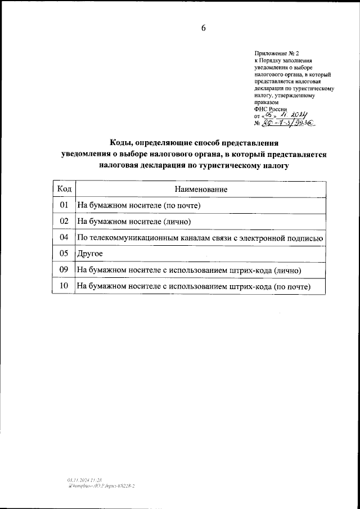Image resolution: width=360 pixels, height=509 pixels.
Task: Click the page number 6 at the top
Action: [x=203, y=29]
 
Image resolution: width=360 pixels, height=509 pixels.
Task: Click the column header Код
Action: [x=64, y=190]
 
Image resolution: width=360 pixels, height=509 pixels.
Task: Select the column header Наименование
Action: [x=201, y=190]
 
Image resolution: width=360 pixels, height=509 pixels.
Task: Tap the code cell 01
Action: [x=64, y=205]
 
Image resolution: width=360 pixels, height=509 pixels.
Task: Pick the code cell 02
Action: [x=64, y=222]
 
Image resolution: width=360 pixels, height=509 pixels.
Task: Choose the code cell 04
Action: [x=64, y=238]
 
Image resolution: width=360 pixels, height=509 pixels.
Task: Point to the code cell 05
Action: [x=64, y=254]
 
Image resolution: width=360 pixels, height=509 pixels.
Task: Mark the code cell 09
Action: [x=64, y=271]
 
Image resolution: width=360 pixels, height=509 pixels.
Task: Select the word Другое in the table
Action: [x=89, y=254]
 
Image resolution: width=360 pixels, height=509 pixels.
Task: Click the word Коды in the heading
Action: [x=122, y=143]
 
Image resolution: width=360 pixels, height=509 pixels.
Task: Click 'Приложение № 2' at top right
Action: [x=272, y=52]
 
